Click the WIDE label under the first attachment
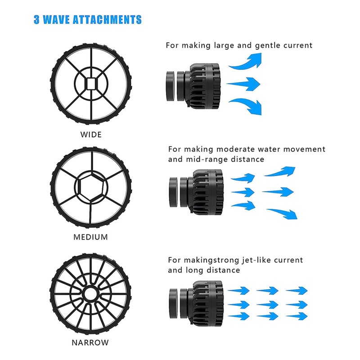coord(91,135)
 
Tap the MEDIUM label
coord(90,237)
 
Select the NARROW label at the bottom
coord(90,342)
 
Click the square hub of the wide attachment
coord(91,83)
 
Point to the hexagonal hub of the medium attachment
coord(91,186)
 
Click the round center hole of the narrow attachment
coord(90,294)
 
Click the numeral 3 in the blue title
coord(36,19)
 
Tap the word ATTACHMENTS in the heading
coord(107,19)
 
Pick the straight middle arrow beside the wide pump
coord(243,84)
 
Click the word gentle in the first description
coord(268,45)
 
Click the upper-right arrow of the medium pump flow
coord(280,172)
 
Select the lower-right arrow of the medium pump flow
coord(282,214)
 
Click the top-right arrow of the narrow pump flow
coord(297,291)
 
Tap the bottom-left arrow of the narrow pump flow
coord(238,316)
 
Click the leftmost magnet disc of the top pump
coord(171,86)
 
